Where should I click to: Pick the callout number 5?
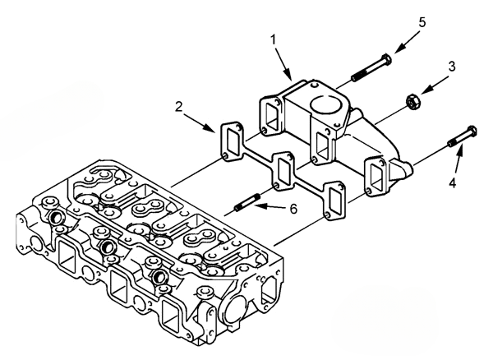tap(422, 22)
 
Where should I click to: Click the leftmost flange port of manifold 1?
tap(270, 114)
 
